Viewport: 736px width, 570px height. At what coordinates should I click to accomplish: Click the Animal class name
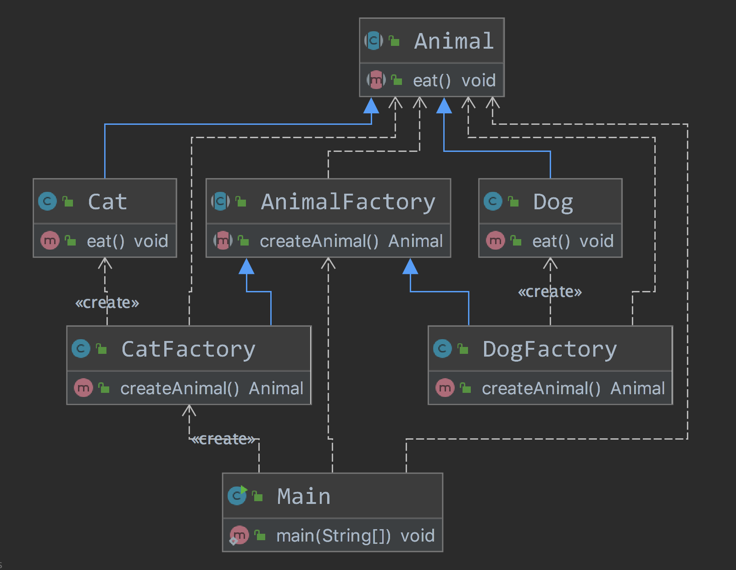pyautogui.click(x=454, y=41)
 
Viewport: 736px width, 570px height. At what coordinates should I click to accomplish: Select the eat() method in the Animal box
pyautogui.click(x=432, y=81)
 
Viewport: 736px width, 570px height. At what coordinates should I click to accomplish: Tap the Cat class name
pyautogui.click(x=107, y=202)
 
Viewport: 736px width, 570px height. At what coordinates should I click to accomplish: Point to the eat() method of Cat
pyautogui.click(x=106, y=241)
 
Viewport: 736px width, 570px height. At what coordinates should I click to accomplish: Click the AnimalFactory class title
pyautogui.click(x=348, y=202)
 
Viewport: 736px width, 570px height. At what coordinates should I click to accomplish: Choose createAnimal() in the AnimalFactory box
pyautogui.click(x=319, y=241)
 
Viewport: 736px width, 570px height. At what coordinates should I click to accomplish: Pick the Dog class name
pyautogui.click(x=553, y=202)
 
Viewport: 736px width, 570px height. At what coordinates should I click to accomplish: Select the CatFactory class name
pyautogui.click(x=188, y=349)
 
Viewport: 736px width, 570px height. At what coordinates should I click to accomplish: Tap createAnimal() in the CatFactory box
pyautogui.click(x=179, y=389)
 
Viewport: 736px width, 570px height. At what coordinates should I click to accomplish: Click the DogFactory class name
pyautogui.click(x=550, y=349)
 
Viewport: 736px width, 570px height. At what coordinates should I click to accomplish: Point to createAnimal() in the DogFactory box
pyautogui.click(x=541, y=389)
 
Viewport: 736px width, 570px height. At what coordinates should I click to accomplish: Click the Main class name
pyautogui.click(x=304, y=497)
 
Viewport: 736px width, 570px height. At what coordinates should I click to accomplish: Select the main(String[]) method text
pyautogui.click(x=333, y=536)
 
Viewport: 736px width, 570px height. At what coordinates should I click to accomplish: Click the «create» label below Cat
pyautogui.click(x=107, y=303)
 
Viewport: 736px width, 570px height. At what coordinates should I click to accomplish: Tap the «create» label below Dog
pyautogui.click(x=550, y=292)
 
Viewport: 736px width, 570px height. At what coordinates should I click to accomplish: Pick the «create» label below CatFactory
pyautogui.click(x=223, y=439)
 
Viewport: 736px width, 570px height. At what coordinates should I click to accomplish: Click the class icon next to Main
pyautogui.click(x=237, y=496)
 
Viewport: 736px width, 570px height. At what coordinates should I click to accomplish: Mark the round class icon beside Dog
pyautogui.click(x=493, y=201)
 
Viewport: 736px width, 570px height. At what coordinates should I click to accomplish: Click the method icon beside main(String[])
pyautogui.click(x=239, y=535)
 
